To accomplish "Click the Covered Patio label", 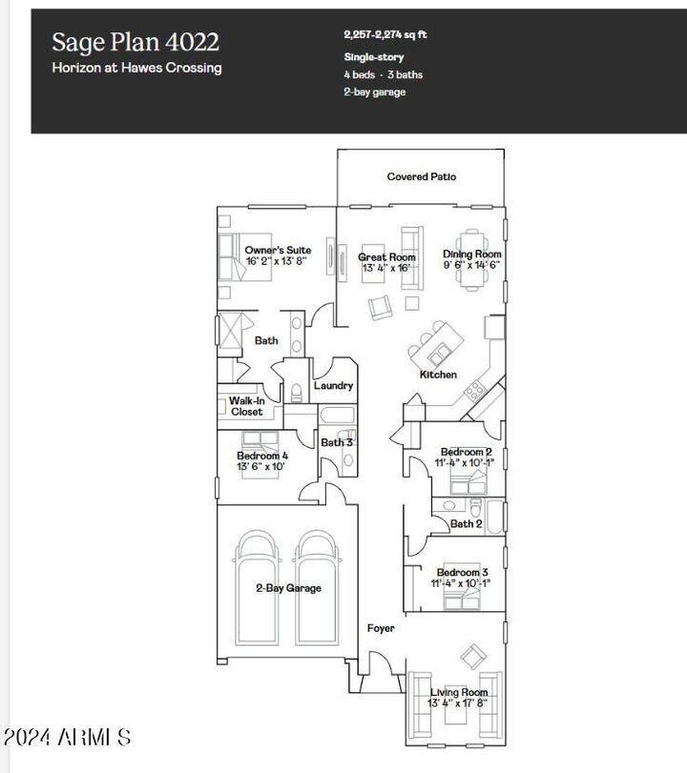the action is coord(421,176).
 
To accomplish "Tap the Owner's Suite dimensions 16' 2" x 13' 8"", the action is coord(277,261).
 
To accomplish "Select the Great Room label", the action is coord(386,256).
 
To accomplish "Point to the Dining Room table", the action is coord(472,260).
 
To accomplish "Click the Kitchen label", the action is coord(438,375).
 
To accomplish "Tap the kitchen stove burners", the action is coord(475,391).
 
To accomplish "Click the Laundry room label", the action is coord(333,385).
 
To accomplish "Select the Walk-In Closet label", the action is coord(247,406).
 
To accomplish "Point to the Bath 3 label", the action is coord(337,442).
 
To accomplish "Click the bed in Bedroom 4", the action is coord(260,455).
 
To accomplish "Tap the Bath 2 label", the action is coord(466,523).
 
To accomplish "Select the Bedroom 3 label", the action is coord(462,572).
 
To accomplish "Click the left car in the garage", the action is coord(257,588).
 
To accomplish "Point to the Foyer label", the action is coord(381,628).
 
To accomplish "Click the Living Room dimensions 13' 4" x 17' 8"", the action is coord(457,703).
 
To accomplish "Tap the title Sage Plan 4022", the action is coord(135,42).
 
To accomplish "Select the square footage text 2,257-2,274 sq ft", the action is coord(385,35).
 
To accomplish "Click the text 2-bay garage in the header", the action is coord(375,92).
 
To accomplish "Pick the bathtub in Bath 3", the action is coord(337,416).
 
